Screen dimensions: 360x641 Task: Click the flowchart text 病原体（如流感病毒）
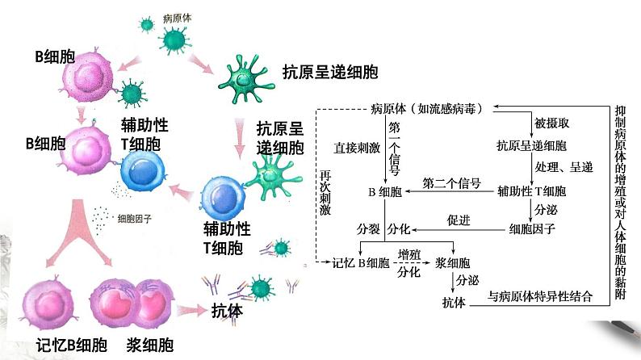(x=429, y=107)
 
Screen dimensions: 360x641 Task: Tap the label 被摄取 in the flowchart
(x=552, y=124)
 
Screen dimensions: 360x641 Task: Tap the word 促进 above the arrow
(x=459, y=220)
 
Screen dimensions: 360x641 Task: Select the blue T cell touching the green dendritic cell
(x=230, y=197)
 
